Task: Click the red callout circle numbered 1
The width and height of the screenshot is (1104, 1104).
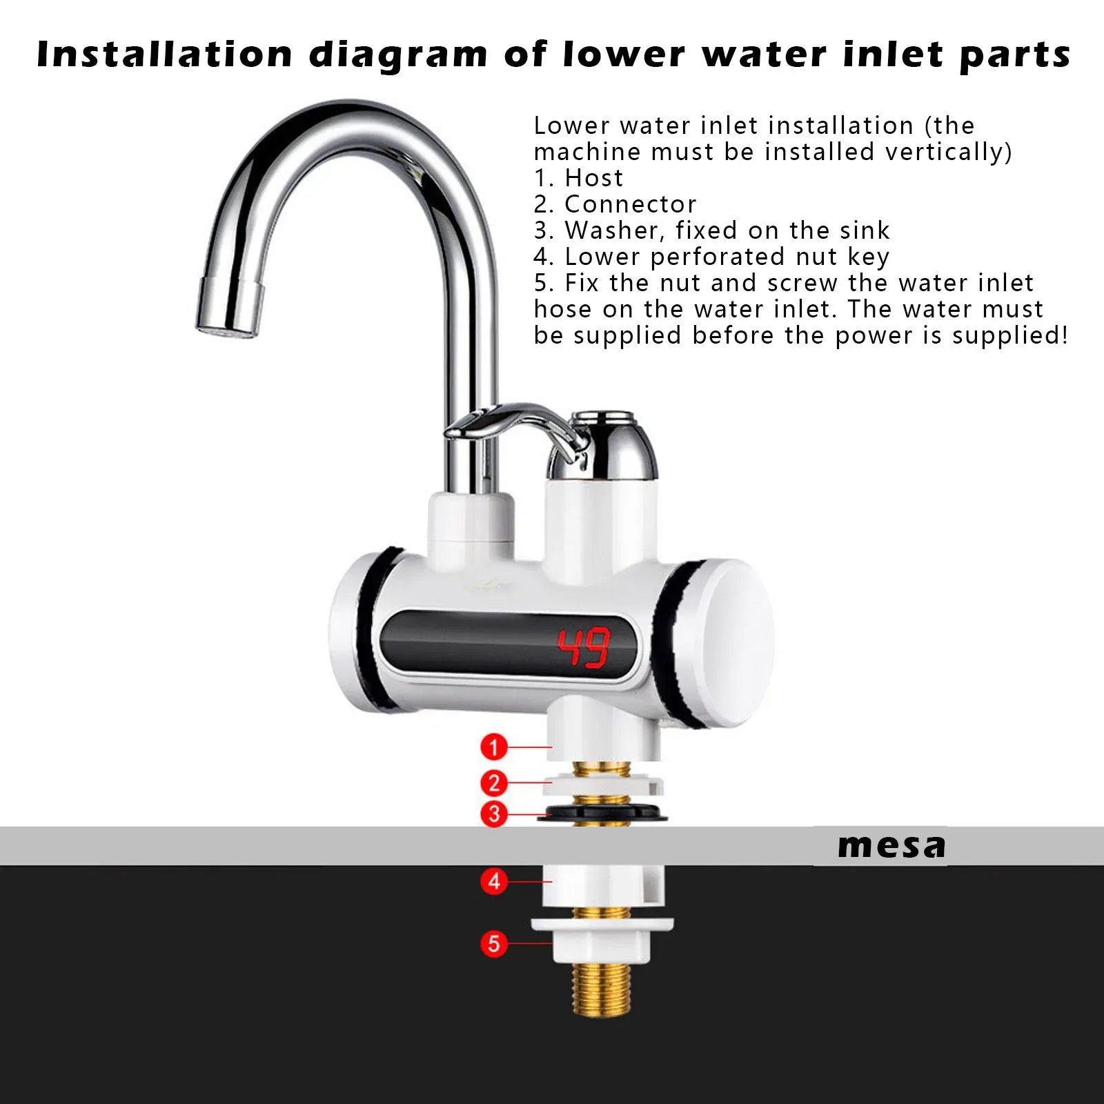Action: (494, 747)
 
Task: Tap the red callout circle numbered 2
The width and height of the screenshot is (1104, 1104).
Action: (494, 783)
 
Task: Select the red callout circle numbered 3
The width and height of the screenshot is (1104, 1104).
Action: (494, 814)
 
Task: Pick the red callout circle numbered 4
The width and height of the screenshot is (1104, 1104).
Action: (494, 881)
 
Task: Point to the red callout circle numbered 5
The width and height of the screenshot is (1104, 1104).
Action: (494, 943)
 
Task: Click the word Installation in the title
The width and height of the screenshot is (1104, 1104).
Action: (165, 54)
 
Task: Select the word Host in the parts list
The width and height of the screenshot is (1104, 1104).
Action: (593, 178)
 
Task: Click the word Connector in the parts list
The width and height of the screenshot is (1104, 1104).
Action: (630, 204)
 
